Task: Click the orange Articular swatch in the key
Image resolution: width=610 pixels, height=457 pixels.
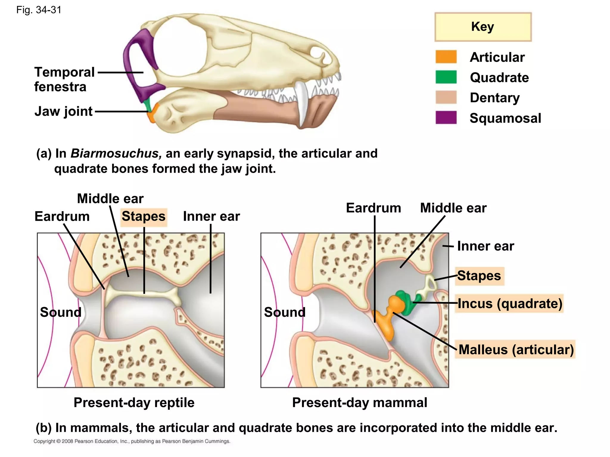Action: point(446,57)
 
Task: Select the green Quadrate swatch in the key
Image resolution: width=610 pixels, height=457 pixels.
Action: point(446,77)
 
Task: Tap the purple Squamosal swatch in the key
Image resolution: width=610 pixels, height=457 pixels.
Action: point(446,118)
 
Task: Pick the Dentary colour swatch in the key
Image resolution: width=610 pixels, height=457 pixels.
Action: point(446,97)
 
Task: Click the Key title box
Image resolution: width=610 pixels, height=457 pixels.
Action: point(483,27)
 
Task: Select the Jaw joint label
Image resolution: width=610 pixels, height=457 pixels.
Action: point(63,111)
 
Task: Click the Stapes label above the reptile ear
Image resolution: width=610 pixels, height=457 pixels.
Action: point(144,217)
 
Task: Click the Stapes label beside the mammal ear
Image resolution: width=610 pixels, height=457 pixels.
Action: point(479,276)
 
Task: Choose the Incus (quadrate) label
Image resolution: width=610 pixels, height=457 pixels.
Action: point(510,304)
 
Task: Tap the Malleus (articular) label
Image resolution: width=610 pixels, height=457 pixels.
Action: point(516,350)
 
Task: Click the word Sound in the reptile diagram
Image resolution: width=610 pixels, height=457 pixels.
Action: point(61,312)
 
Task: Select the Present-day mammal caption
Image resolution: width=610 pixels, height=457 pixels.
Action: point(360,403)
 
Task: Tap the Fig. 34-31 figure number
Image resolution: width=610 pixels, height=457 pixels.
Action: point(39,10)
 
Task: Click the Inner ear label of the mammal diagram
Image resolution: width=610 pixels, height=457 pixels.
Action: point(485,246)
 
